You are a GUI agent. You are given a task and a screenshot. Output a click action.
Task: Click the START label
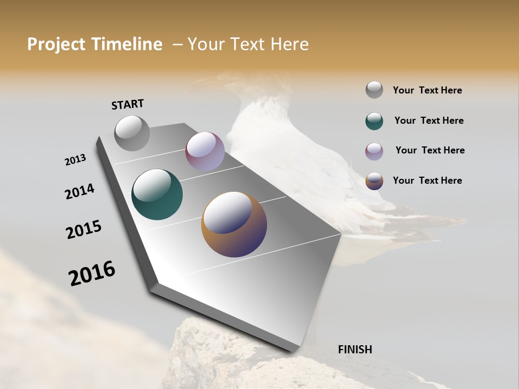tap(128, 104)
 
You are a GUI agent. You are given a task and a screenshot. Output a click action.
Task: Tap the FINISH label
tap(355, 350)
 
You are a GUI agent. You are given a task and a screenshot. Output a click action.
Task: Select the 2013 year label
tap(75, 160)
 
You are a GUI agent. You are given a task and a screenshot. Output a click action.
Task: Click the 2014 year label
tap(79, 191)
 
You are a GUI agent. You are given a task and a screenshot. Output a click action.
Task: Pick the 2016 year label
tap(91, 273)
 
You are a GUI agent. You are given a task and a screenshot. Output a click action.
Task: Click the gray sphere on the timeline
tap(132, 133)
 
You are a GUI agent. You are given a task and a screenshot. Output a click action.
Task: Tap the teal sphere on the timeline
tap(157, 194)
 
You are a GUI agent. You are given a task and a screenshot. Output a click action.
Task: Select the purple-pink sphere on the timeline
tap(205, 151)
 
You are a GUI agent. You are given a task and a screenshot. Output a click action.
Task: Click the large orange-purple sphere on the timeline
tap(234, 224)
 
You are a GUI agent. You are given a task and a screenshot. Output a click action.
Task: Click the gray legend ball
tap(374, 90)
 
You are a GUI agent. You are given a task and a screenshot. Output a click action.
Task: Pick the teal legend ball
tap(374, 121)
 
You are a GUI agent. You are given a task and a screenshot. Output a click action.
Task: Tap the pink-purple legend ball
tap(374, 151)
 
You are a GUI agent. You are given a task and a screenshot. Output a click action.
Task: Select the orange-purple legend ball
tap(374, 181)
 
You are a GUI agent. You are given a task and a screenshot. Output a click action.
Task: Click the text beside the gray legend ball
tap(427, 91)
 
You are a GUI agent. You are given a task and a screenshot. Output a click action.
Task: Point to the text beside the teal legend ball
tap(429, 120)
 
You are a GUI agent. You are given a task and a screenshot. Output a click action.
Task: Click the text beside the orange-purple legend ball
tap(427, 180)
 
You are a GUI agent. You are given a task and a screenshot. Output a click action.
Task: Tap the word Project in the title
tap(54, 44)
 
